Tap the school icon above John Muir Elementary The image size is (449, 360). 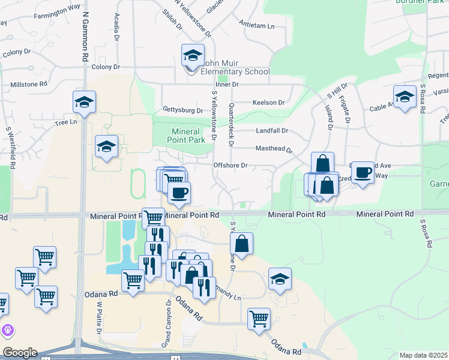[193, 56]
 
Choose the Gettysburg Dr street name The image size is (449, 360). [182, 110]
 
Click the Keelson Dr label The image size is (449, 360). [268, 103]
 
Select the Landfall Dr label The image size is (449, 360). [272, 131]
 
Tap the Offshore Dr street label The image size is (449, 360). [231, 165]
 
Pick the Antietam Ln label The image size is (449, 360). [256, 26]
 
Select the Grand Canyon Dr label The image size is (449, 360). [166, 325]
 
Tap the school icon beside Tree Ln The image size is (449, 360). [84, 103]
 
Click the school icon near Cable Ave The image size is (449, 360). [405, 97]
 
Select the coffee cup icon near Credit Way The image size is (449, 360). [362, 173]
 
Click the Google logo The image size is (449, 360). [19, 352]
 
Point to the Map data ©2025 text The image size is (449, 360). [423, 355]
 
